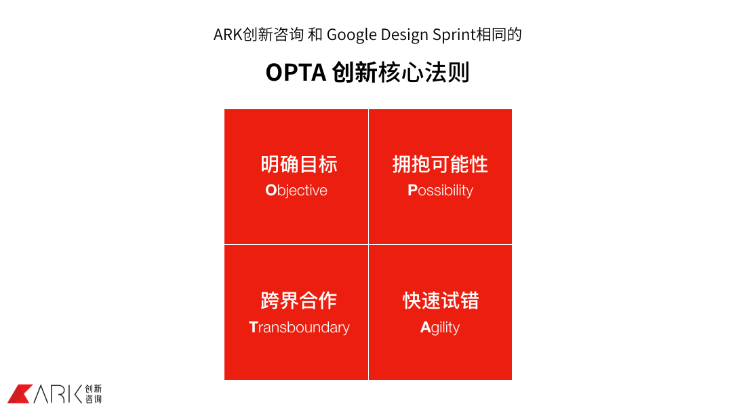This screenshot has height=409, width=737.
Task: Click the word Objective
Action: [x=296, y=191]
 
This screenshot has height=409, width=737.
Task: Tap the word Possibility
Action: [x=441, y=191]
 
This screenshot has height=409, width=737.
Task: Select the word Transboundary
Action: [x=299, y=327]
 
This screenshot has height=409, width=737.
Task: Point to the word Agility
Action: [x=440, y=327]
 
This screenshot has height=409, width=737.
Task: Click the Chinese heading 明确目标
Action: [x=299, y=165]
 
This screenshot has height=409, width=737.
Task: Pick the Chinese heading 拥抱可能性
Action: [x=441, y=165]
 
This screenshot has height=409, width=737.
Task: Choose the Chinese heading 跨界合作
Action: [x=299, y=301]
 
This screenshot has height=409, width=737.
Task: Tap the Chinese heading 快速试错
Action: [x=441, y=301]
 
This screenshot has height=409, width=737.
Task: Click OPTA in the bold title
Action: [x=296, y=73]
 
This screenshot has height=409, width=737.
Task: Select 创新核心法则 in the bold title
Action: [x=401, y=73]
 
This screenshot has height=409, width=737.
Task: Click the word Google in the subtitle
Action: [x=352, y=35]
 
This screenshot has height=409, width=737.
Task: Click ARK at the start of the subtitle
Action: [x=228, y=35]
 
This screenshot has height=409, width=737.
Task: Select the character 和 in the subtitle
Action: [x=315, y=35]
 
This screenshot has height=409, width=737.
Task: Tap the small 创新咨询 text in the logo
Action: [x=93, y=394]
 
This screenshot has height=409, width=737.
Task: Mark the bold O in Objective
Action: [x=271, y=191]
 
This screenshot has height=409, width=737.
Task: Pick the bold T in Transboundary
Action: [x=253, y=327]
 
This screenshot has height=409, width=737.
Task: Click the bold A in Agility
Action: [x=425, y=327]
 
